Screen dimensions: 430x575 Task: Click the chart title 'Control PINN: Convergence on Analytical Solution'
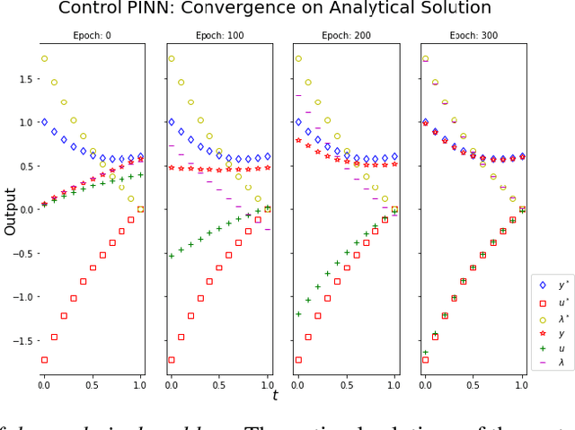click(275, 9)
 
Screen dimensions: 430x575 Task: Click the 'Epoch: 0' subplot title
click(92, 36)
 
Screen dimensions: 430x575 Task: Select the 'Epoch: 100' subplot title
click(218, 36)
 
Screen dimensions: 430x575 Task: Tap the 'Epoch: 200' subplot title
click(346, 36)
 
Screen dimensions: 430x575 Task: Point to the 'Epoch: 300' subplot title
click(473, 36)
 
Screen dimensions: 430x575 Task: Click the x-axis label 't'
click(275, 395)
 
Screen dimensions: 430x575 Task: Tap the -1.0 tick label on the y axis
click(23, 297)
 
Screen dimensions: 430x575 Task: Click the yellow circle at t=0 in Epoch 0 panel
click(44, 58)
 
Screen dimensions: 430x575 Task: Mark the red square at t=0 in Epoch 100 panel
click(172, 360)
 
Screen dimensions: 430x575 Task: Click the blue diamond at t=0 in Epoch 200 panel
click(298, 122)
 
